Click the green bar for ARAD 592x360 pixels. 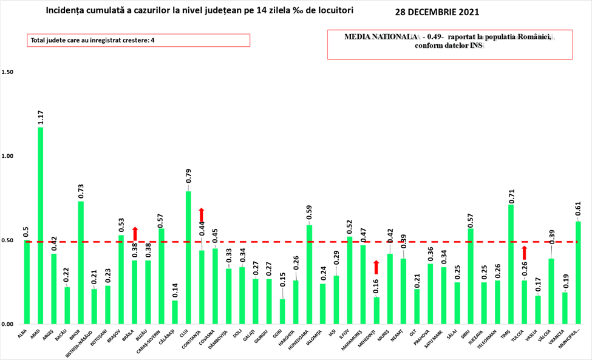click(41, 225)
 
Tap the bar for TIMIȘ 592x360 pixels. click(511, 264)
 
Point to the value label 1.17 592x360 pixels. click(41, 117)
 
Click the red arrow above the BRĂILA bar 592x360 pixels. click(135, 234)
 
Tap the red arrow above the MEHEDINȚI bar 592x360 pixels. click(376, 267)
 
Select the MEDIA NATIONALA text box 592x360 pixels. click(450, 45)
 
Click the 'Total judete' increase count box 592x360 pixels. click(138, 40)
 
